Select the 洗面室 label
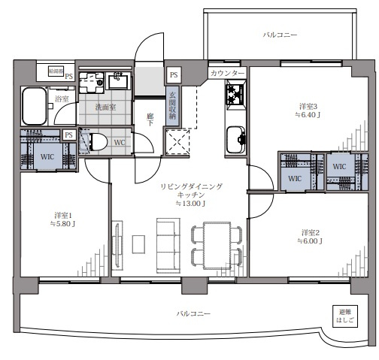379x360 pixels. click(105, 107)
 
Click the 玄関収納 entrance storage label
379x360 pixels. click(171, 104)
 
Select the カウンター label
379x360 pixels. click(228, 73)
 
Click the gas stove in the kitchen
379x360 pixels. click(235, 95)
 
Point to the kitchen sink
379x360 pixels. click(235, 138)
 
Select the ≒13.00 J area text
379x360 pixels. click(191, 203)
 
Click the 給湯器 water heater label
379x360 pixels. click(55, 71)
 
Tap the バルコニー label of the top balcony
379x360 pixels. click(280, 35)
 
